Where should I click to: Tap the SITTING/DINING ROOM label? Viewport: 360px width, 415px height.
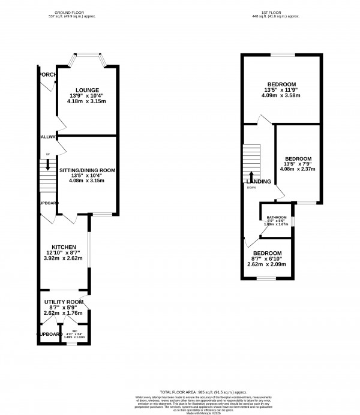coord(86,170)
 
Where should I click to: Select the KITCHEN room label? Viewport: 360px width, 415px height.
coord(63,247)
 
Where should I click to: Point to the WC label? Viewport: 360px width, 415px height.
coord(75,330)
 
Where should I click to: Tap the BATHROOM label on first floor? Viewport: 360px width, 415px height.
coord(277,217)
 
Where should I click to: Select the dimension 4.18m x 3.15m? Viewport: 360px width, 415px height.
coord(86,101)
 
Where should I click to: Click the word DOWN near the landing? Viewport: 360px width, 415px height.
coord(251,187)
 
